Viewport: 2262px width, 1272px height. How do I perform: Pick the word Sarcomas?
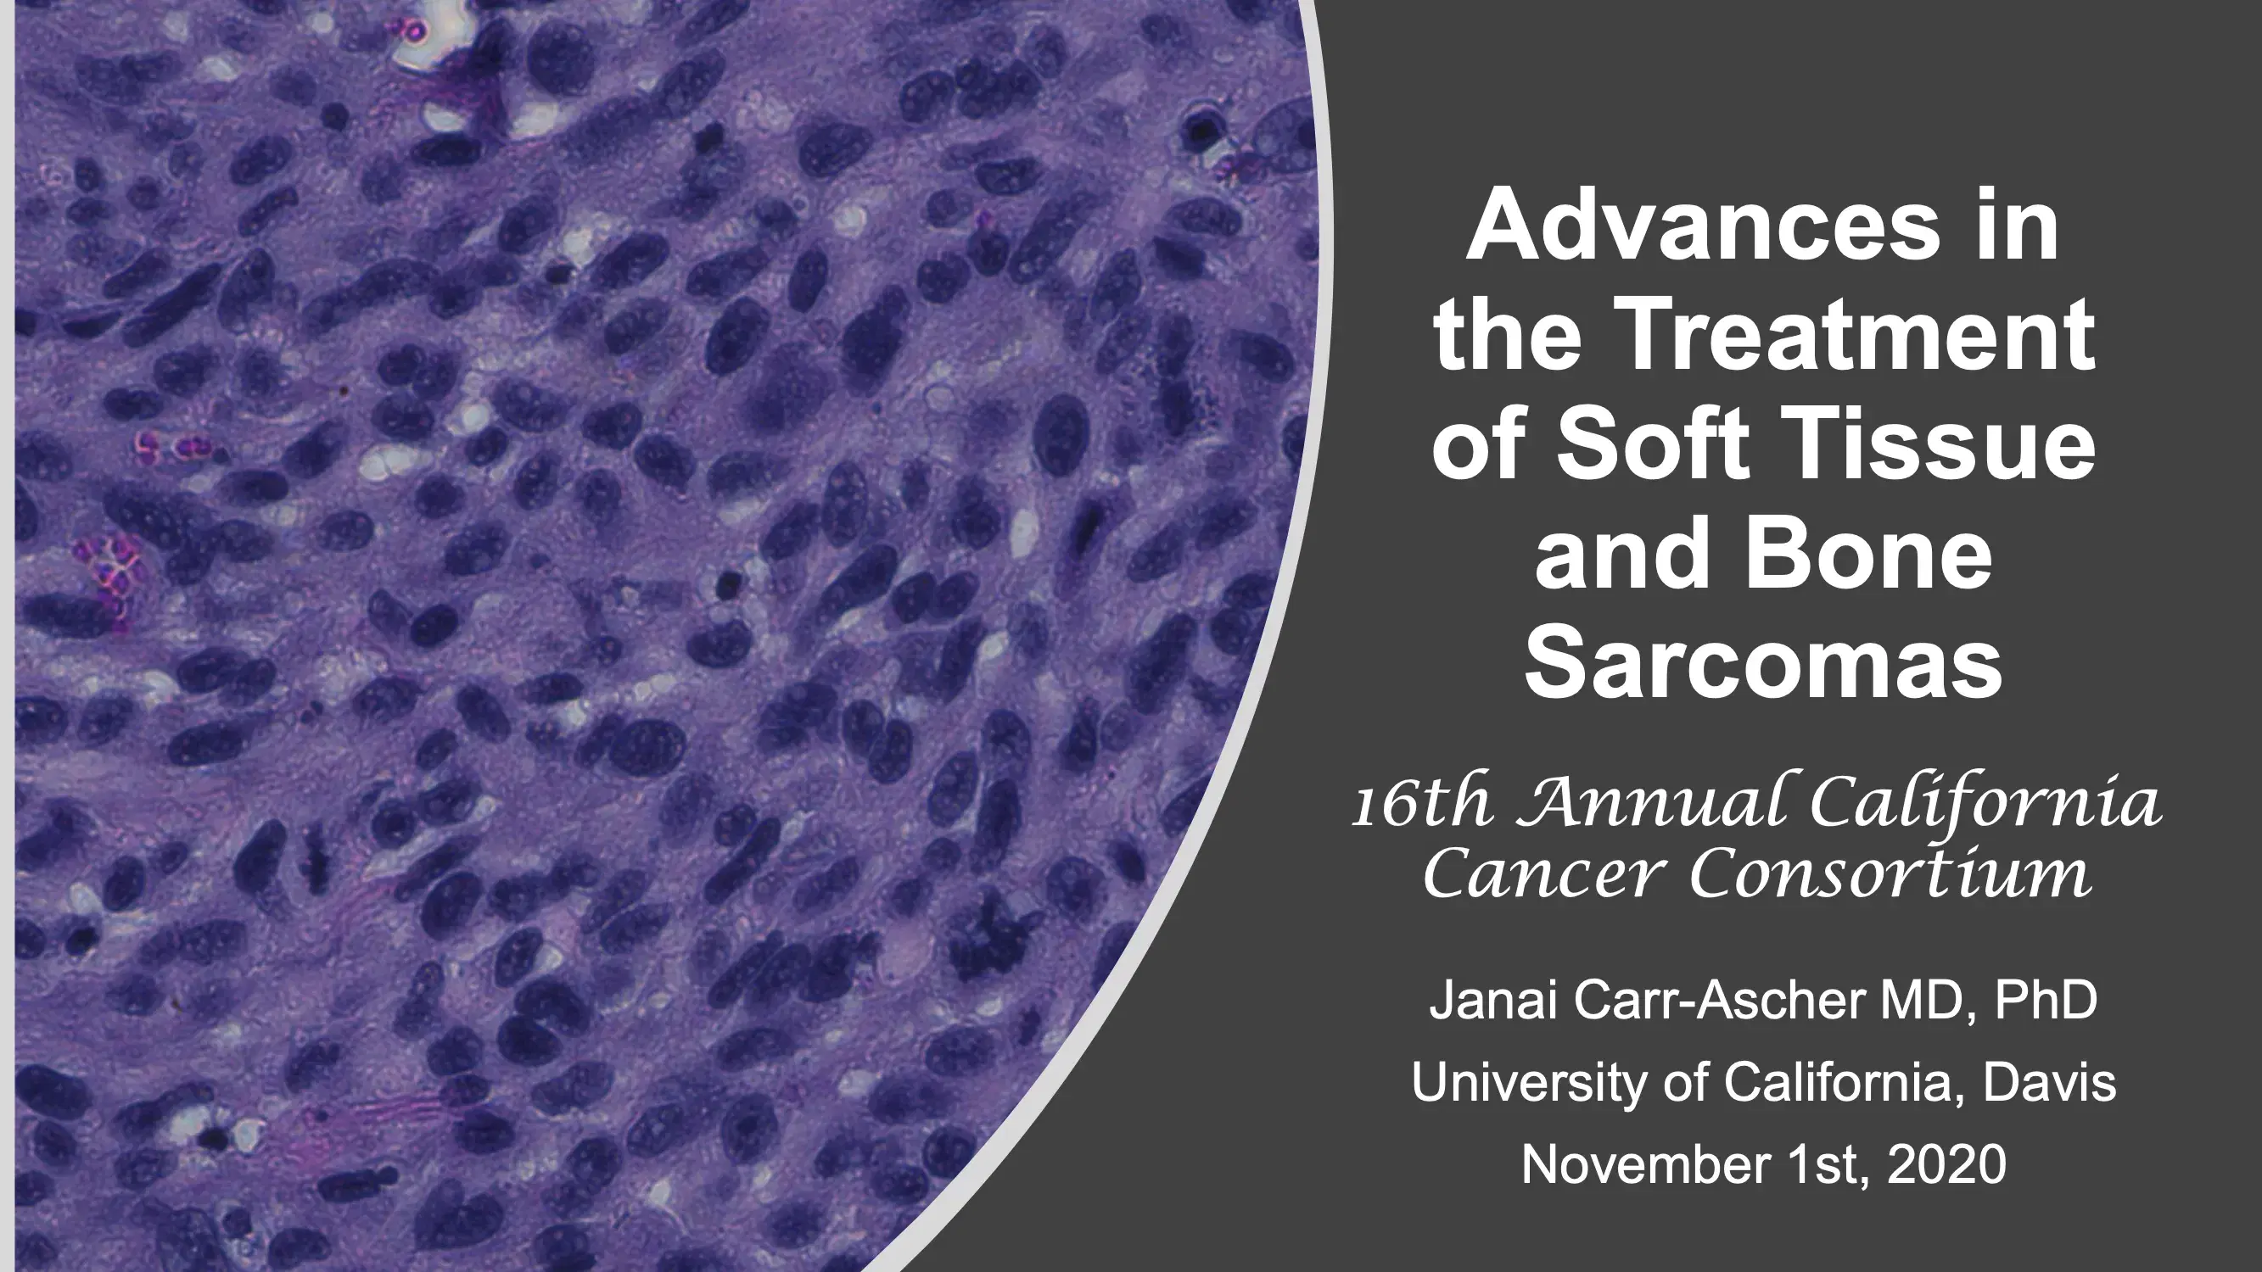pyautogui.click(x=1763, y=665)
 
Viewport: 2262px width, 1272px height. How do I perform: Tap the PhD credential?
pyautogui.click(x=2045, y=1001)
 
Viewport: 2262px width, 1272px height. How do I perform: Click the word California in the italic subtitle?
pyautogui.click(x=1985, y=804)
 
